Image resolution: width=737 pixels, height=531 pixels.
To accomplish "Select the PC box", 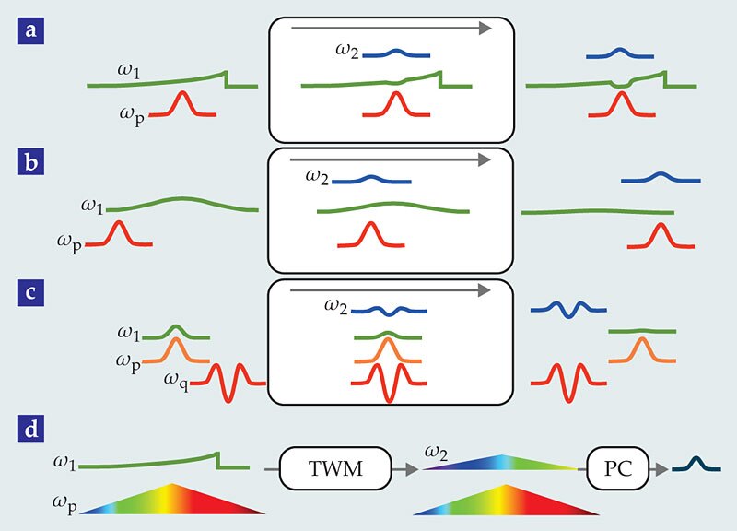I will click(x=618, y=469).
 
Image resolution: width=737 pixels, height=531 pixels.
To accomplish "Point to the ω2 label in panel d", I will click(x=438, y=452).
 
